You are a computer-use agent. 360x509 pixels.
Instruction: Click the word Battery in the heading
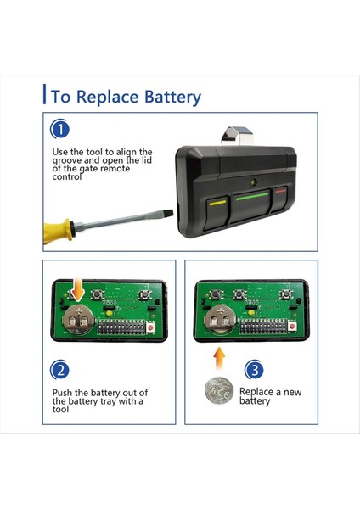click(x=172, y=97)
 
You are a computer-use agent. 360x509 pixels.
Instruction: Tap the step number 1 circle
click(x=59, y=129)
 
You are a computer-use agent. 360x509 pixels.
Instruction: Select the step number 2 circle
click(x=59, y=370)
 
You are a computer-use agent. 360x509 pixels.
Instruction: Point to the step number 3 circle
click(x=254, y=369)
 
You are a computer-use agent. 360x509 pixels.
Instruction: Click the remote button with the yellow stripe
click(x=217, y=213)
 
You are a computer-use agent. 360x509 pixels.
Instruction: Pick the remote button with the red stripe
click(x=280, y=199)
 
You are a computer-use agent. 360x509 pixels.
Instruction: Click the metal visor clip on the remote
click(x=237, y=136)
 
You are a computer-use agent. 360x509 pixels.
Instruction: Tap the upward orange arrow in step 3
click(x=220, y=359)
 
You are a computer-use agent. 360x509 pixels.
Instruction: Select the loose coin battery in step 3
click(x=219, y=390)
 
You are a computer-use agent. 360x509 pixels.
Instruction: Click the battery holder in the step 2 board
click(x=77, y=320)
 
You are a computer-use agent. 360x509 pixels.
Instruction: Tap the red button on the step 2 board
click(x=150, y=327)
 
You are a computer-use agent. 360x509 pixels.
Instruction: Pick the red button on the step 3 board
click(x=292, y=327)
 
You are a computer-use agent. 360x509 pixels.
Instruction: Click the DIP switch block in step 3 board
click(x=263, y=327)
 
